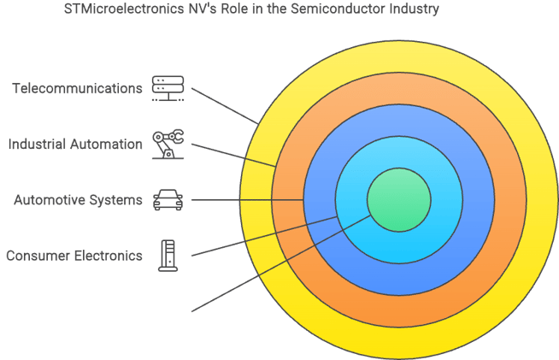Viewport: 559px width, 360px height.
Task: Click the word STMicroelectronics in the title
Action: click(124, 10)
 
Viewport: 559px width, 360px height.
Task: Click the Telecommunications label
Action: click(77, 88)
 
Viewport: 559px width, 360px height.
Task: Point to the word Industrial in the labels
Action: click(39, 144)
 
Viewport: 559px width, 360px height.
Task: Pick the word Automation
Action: click(109, 144)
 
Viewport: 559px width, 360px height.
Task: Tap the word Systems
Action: click(116, 200)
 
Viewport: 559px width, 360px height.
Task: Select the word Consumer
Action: click(37, 255)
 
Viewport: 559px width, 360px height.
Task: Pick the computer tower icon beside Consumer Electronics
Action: click(168, 255)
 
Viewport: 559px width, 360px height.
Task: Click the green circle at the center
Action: click(397, 199)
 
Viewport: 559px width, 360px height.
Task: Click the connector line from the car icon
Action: click(248, 200)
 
